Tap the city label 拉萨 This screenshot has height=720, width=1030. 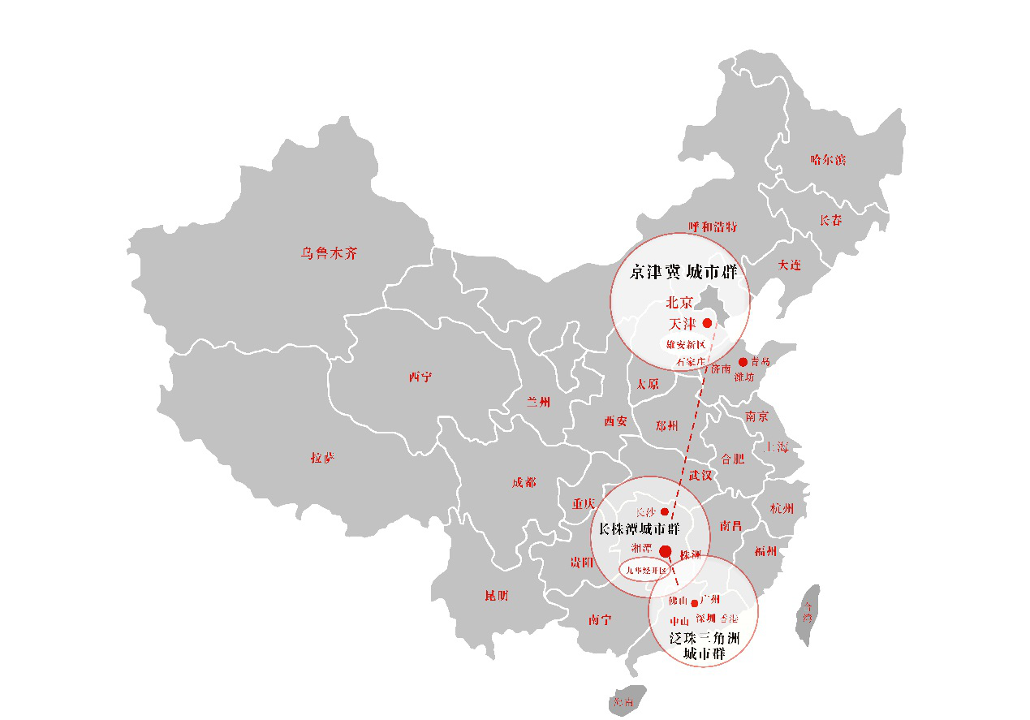322,458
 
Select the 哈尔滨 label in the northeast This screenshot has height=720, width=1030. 828,160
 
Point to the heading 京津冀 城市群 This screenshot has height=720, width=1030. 683,272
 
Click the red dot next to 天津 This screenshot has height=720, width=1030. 707,323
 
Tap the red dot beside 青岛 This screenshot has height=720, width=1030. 743,362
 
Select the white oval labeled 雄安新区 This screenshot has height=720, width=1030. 686,345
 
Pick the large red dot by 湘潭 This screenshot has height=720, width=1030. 666,552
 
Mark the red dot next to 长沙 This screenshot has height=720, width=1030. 665,512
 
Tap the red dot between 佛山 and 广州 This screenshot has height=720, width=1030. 694,602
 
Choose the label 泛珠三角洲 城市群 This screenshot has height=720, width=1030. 704,645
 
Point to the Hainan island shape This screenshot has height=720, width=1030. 627,701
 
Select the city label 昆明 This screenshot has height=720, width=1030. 497,596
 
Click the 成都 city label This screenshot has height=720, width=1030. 524,483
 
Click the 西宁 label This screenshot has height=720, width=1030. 420,377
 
